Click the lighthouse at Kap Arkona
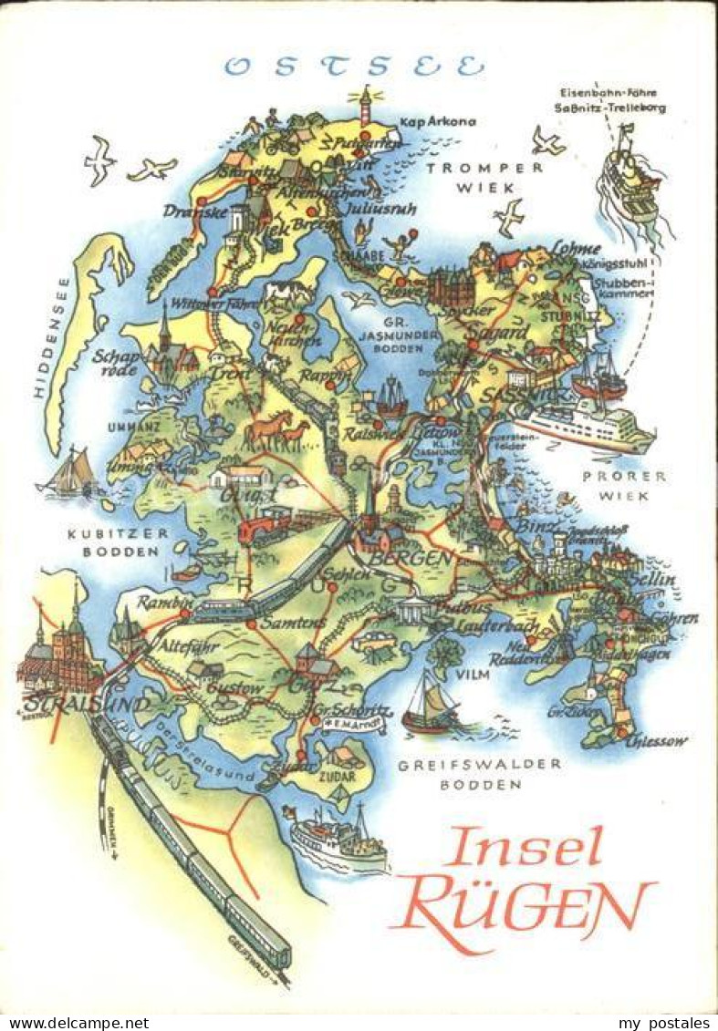(366, 102)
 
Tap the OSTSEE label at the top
(355, 67)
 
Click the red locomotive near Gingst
(264, 527)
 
